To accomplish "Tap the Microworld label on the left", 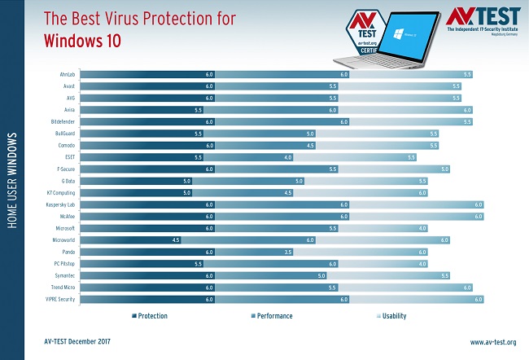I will tap(63, 240).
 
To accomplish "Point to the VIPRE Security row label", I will tap(59, 300).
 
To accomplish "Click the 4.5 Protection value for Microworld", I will tap(175, 240).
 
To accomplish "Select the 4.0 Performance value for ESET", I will tap(310, 156).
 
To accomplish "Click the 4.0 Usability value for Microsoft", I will tap(422, 228).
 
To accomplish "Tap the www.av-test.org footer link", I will tap(493, 342).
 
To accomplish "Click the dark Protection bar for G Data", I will tap(135, 181).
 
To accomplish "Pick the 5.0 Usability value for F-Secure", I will tap(444, 169).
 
